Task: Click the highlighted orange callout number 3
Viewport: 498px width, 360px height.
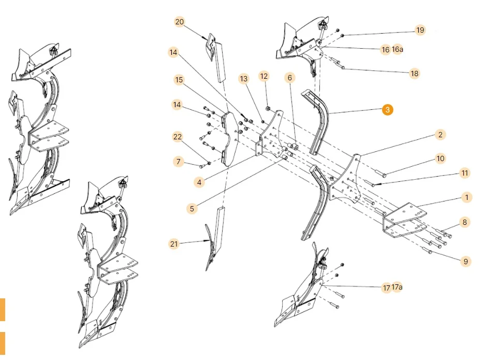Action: click(x=388, y=110)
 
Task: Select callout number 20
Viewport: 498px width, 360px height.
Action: click(x=180, y=22)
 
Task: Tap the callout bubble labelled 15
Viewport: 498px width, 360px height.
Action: click(x=179, y=80)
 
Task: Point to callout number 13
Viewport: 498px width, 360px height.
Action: click(x=244, y=78)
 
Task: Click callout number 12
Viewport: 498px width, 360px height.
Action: click(x=264, y=76)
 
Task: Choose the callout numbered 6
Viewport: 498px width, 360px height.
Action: click(x=289, y=78)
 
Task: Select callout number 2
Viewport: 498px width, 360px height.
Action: click(x=440, y=135)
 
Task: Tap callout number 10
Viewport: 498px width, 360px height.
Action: click(x=440, y=159)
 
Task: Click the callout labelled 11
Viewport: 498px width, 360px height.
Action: click(x=464, y=172)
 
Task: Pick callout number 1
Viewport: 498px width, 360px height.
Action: click(x=466, y=197)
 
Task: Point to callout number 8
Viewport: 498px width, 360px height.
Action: click(x=464, y=222)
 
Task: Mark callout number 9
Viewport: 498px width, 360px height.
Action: click(x=465, y=262)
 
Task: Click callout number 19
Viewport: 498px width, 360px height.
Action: click(x=420, y=30)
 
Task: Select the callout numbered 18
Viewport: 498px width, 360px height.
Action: click(x=414, y=74)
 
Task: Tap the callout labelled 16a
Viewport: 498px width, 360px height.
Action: click(x=398, y=50)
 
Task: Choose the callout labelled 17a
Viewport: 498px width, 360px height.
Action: click(x=398, y=287)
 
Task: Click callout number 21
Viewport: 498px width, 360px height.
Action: click(x=174, y=243)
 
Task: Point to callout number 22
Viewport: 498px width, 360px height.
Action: click(x=178, y=136)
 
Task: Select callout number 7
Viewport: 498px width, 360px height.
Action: click(x=179, y=162)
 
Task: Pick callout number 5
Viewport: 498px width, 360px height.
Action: click(x=192, y=209)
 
